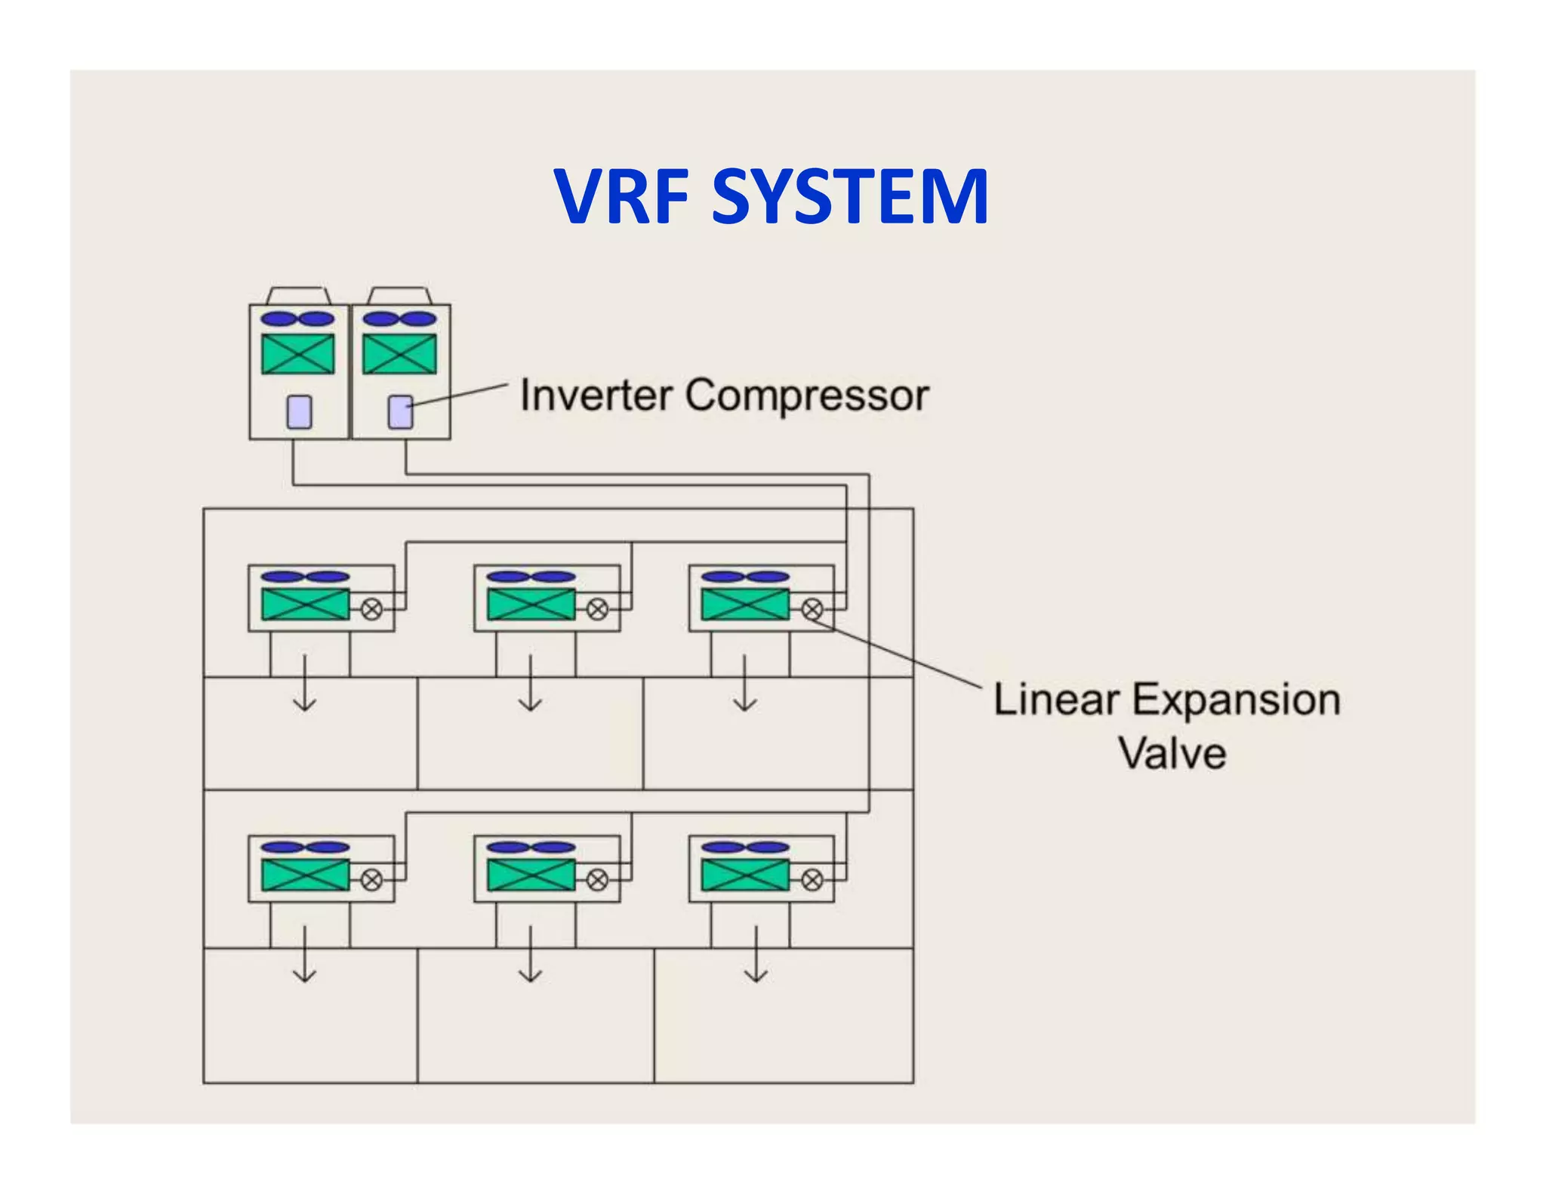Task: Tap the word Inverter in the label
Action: (596, 395)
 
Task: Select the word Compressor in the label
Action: (807, 395)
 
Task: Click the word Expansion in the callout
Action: (1236, 700)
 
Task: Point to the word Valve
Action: (1172, 754)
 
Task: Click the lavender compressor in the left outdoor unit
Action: (299, 412)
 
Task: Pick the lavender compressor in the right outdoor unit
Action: (400, 412)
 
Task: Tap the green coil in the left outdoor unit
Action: (298, 354)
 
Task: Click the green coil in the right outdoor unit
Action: (399, 354)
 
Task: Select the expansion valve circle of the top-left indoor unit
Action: (371, 609)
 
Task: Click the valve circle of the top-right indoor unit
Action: (812, 609)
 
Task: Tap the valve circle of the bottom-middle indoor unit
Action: (597, 880)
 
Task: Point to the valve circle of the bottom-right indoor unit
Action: (812, 880)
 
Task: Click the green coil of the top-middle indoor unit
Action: (531, 605)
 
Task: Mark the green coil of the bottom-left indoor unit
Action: (305, 875)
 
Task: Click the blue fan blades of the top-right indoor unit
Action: (745, 577)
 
